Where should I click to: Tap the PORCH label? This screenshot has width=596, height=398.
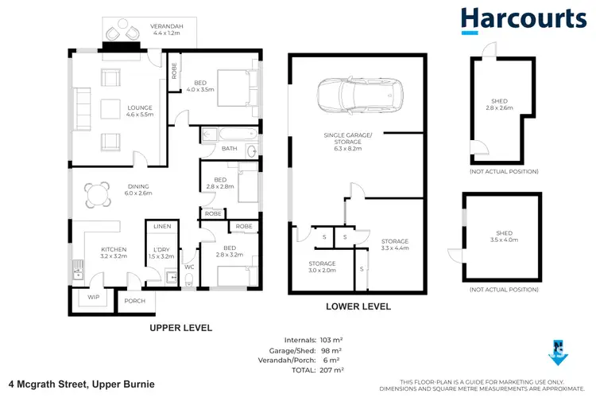click(132, 302)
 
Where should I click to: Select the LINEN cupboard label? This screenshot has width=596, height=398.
click(162, 227)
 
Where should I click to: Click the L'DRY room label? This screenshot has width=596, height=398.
click(162, 252)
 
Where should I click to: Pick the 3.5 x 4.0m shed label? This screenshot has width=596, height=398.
click(504, 236)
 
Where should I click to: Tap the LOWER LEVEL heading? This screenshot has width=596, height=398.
click(358, 306)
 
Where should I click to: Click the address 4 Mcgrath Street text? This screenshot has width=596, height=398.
click(82, 384)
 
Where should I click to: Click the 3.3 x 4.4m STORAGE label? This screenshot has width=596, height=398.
click(394, 244)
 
